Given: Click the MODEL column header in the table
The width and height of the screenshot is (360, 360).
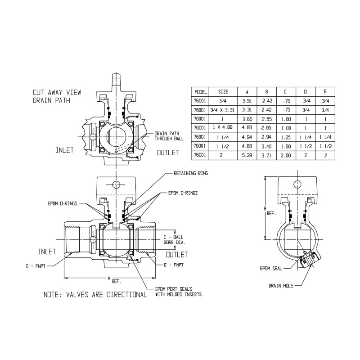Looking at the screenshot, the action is point(200,92).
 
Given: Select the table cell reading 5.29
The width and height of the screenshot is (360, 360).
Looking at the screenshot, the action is point(247,155).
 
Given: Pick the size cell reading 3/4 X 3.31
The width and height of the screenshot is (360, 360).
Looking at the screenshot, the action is point(222,110).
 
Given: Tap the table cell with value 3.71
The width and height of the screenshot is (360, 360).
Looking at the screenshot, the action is point(266,155).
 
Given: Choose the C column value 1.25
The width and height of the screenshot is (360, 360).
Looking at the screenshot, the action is point(286,137).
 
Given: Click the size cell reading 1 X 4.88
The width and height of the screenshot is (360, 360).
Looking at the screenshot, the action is point(222,127).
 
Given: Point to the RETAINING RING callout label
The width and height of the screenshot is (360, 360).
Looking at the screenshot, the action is point(191,173).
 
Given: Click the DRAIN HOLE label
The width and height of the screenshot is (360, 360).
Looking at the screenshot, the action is point(281,286).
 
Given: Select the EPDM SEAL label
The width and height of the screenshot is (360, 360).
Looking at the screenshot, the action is point(271,268).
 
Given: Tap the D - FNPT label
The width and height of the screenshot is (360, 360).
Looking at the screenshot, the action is point(36,266).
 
